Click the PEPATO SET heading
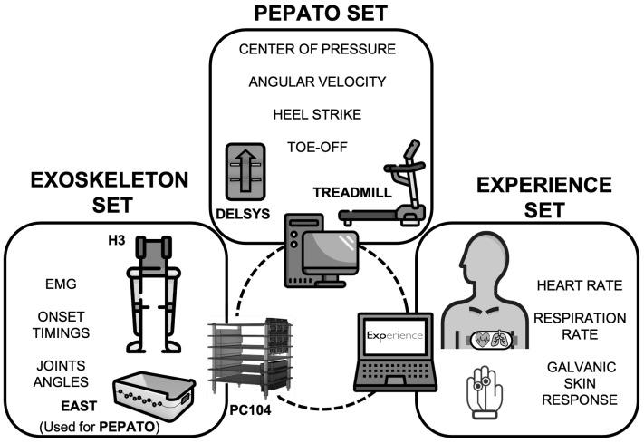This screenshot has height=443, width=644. tap(322, 15)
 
